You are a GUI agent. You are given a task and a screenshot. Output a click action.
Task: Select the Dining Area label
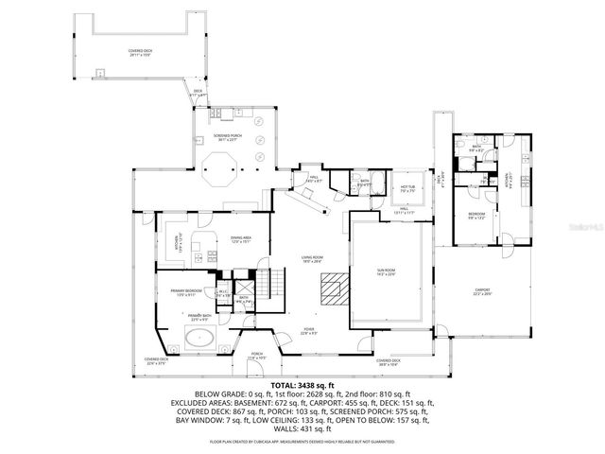241,239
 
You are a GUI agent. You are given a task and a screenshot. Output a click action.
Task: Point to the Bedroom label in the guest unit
477,217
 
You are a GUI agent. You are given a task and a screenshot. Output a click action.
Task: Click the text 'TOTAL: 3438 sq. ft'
302,386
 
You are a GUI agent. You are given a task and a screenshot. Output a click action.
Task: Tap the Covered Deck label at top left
141,53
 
